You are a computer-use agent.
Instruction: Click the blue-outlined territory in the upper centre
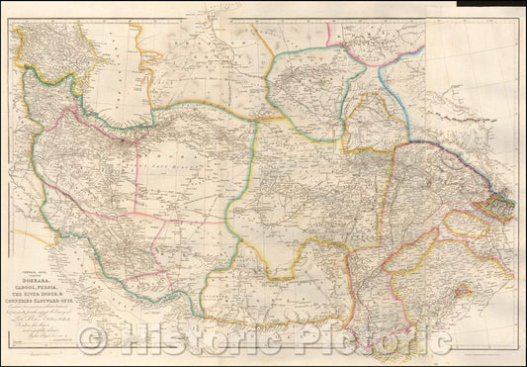[307, 84]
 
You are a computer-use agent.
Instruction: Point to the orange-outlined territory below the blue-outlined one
[366, 119]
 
